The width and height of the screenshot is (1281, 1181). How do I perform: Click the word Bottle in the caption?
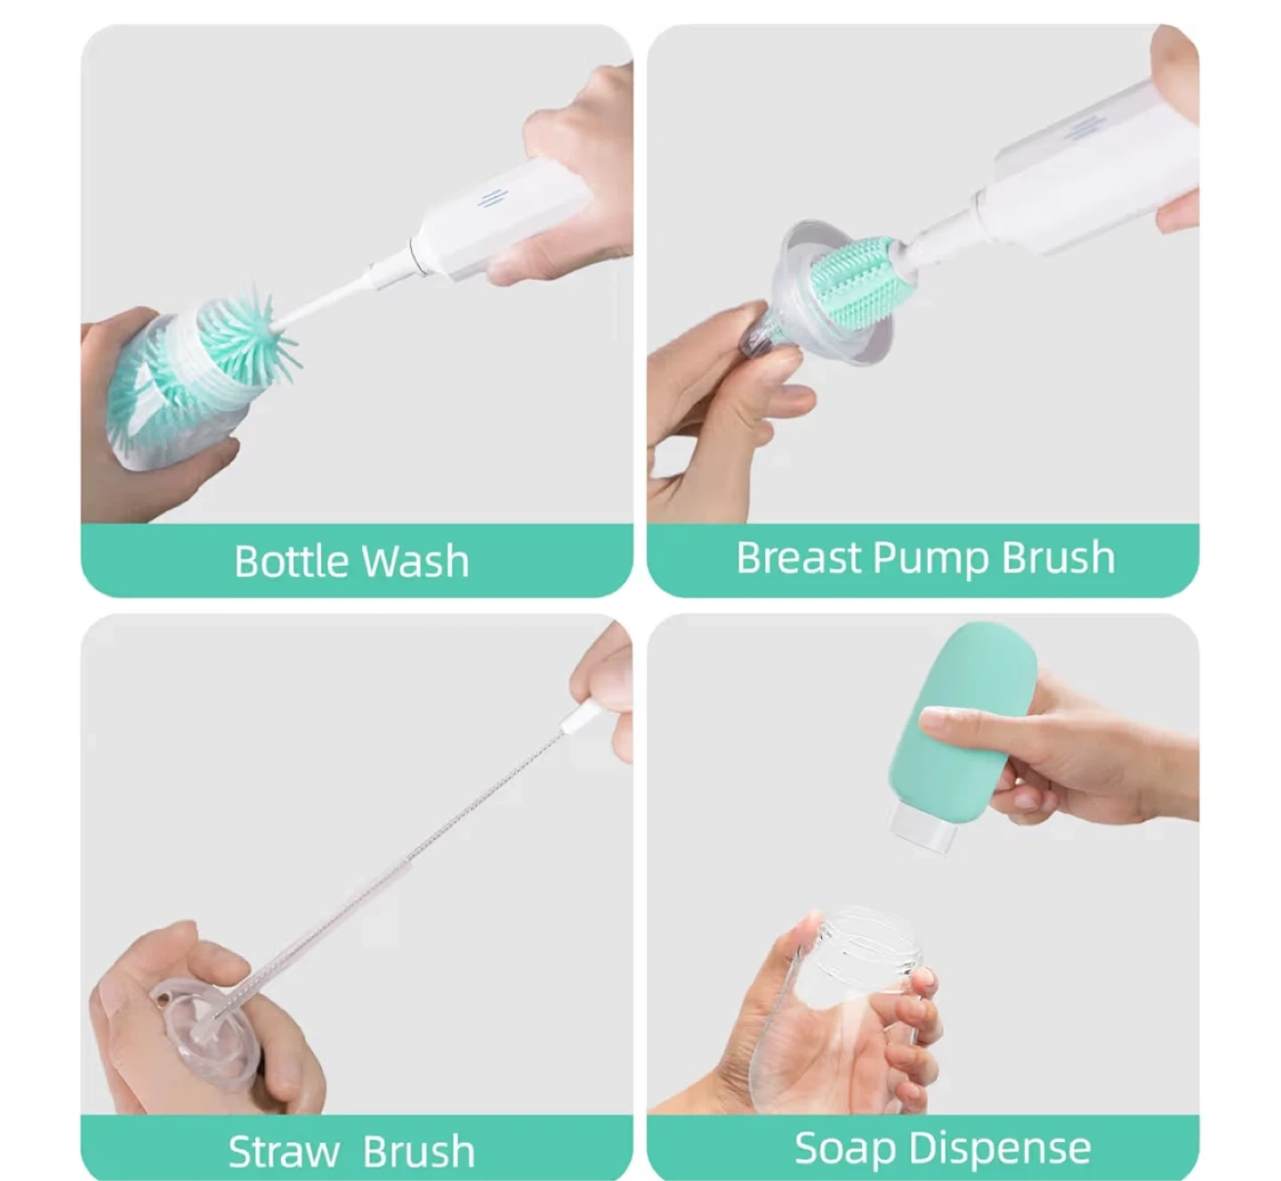292,561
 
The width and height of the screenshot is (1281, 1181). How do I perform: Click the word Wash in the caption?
415,561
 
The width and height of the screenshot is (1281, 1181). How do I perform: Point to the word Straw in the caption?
284,1152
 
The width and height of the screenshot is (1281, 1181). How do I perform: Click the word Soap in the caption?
845,1148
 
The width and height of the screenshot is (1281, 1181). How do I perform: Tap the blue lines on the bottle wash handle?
490,198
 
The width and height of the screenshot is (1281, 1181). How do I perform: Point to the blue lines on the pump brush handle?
1081,128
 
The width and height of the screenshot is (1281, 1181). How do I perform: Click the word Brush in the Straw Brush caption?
419,1152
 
